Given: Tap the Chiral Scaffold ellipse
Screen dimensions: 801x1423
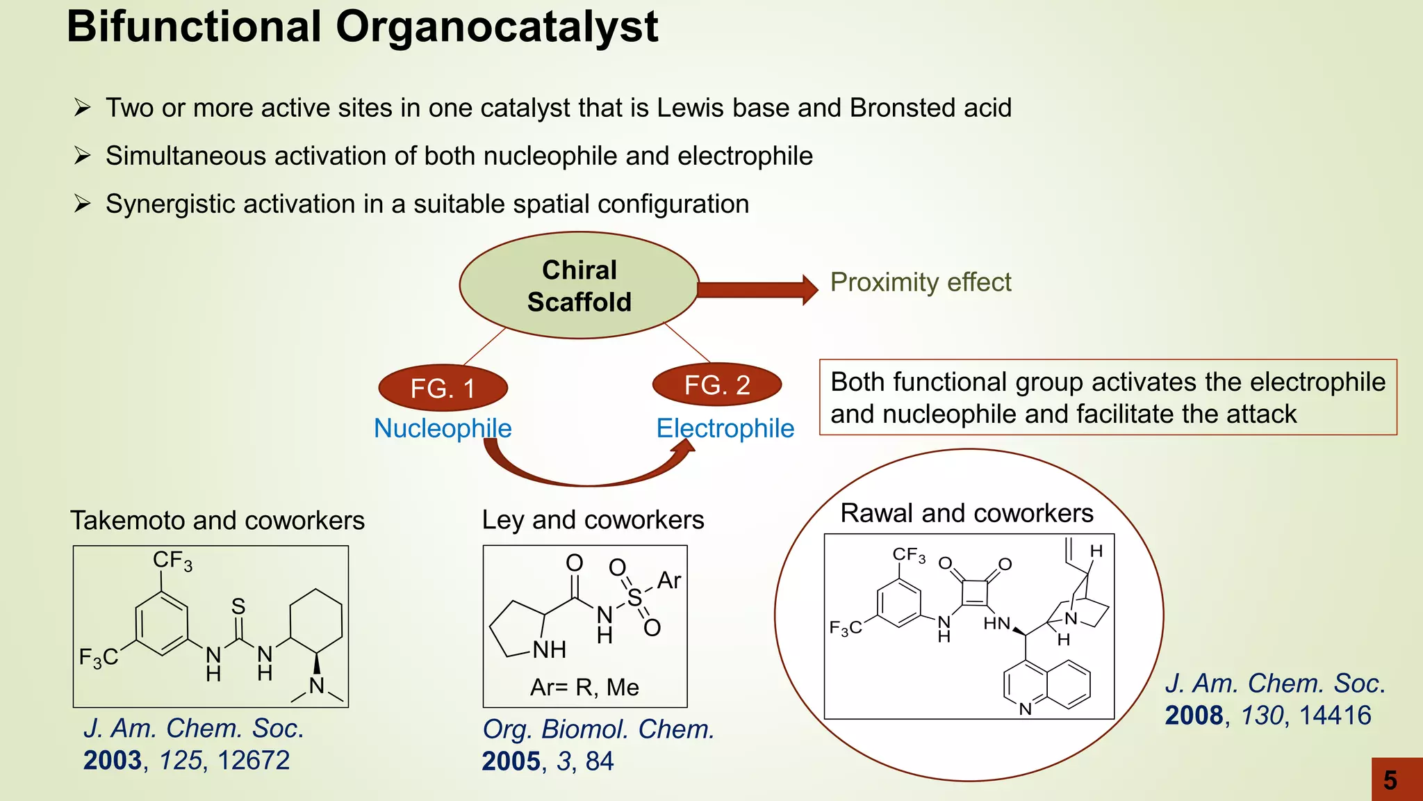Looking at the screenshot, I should pos(579,286).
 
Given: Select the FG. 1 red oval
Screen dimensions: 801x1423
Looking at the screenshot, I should pos(443,388).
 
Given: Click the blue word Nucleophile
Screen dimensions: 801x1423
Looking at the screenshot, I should pos(443,428).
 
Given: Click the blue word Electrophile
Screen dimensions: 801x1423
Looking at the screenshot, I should pos(725,428).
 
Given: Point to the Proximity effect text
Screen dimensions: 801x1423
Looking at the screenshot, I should pos(920,282).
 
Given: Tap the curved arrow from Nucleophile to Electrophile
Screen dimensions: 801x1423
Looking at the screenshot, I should pos(587,477).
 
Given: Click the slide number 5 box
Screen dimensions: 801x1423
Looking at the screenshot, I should pos(1397,779).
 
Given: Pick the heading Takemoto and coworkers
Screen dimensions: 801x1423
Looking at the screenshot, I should pos(217,520).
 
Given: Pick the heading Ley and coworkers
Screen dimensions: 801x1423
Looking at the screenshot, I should pos(593,520).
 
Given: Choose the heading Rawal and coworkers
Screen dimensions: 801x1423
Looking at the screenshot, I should pos(967,513).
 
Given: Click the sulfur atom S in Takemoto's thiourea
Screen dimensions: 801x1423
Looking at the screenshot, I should pos(238,606).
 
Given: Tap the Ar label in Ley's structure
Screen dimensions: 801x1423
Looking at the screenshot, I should pos(668,580).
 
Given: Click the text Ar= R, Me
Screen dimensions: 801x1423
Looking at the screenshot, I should pos(584,687).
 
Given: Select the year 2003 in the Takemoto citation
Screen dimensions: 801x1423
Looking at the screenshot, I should pos(113,760).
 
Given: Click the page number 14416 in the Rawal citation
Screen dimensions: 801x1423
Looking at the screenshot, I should pos(1335,715).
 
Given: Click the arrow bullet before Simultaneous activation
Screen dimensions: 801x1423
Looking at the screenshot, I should pos(82,156).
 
